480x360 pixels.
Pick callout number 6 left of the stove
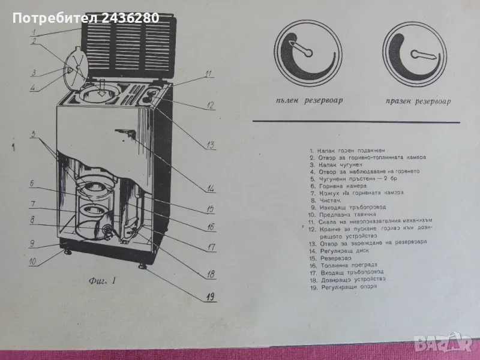point(35,184)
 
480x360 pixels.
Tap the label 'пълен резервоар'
point(305,101)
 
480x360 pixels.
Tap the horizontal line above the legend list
point(360,122)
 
